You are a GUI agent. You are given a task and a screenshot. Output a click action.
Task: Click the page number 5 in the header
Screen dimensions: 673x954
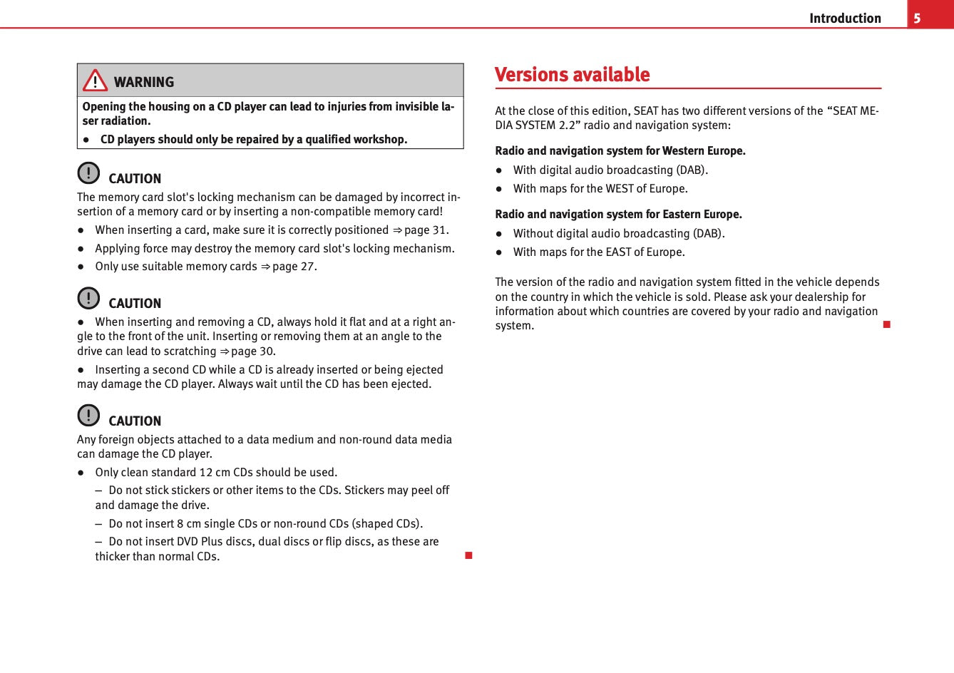(917, 19)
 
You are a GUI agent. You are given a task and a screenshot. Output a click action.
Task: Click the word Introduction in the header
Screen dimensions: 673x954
(845, 19)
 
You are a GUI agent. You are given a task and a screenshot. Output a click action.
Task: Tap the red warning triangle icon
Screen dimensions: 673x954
(95, 81)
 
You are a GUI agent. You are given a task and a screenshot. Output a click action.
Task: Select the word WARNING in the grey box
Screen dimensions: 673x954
(144, 82)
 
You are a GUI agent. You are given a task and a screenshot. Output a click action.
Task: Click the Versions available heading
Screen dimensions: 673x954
(572, 75)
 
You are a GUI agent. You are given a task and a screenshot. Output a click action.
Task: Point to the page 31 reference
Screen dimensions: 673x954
(426, 230)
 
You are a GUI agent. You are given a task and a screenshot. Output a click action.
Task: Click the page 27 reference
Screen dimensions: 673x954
(294, 267)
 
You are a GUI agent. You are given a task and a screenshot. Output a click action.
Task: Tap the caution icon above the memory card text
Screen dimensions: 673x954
(88, 173)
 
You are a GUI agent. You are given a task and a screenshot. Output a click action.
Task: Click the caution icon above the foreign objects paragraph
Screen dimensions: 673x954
(88, 415)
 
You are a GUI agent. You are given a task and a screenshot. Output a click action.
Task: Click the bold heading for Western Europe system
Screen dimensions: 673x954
(620, 151)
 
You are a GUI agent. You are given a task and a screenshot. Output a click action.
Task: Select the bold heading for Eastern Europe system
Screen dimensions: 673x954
(618, 215)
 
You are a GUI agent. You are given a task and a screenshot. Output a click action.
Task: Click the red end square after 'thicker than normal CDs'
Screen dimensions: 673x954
(468, 555)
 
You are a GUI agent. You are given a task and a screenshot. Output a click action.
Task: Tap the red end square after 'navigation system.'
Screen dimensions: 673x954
(886, 325)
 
